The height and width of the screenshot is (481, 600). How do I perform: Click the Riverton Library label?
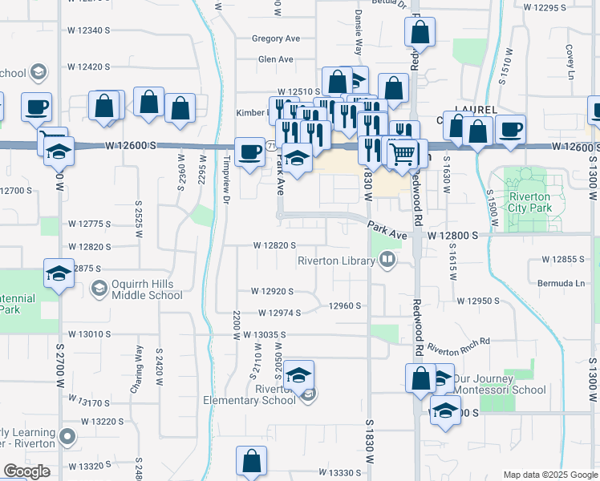pos(336,261)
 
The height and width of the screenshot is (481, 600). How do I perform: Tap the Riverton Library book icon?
pos(387,260)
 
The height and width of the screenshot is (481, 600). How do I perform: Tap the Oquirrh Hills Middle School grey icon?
pos(99,289)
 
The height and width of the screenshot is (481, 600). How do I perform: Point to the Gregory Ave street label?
pos(275,38)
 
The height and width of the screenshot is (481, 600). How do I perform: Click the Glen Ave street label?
pos(275,59)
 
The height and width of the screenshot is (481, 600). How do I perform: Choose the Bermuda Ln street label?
pos(563,284)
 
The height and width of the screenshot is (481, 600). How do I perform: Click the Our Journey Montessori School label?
pos(500,384)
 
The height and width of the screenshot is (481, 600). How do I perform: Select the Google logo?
pos(26,471)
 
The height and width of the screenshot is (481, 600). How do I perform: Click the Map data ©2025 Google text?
pos(549,475)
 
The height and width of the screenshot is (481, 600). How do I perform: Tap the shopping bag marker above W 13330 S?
pos(252,461)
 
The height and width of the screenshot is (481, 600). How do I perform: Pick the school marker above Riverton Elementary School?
pos(298,375)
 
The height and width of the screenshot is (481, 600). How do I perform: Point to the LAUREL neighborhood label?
pos(476,109)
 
